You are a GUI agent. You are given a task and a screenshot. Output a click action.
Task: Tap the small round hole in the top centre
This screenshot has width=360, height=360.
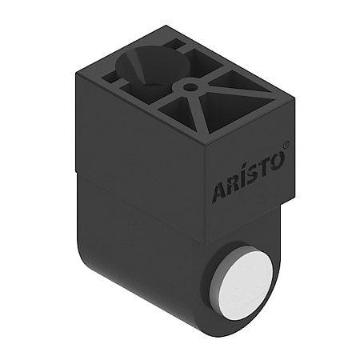(190, 85)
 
